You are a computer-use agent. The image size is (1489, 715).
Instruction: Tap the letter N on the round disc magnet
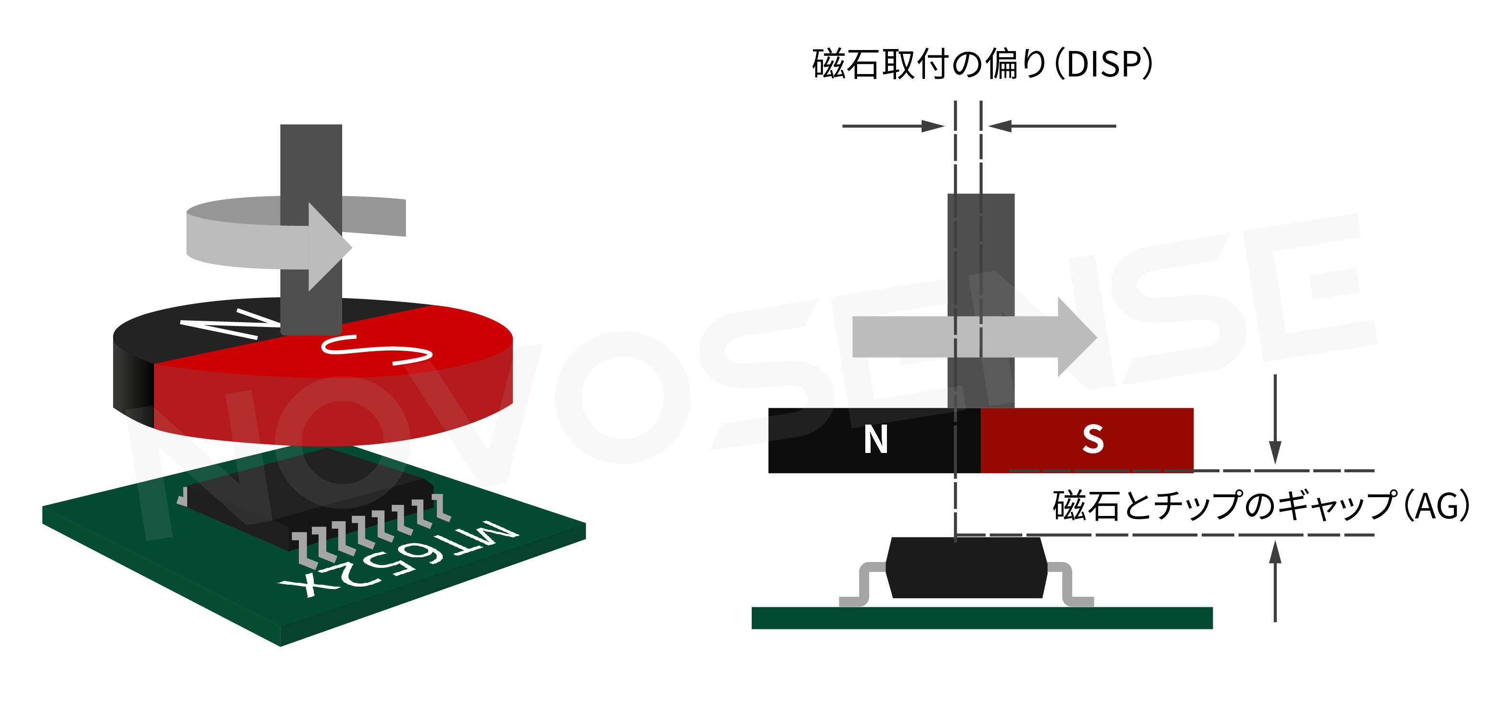231,324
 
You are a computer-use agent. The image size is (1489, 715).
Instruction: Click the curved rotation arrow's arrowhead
330,247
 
